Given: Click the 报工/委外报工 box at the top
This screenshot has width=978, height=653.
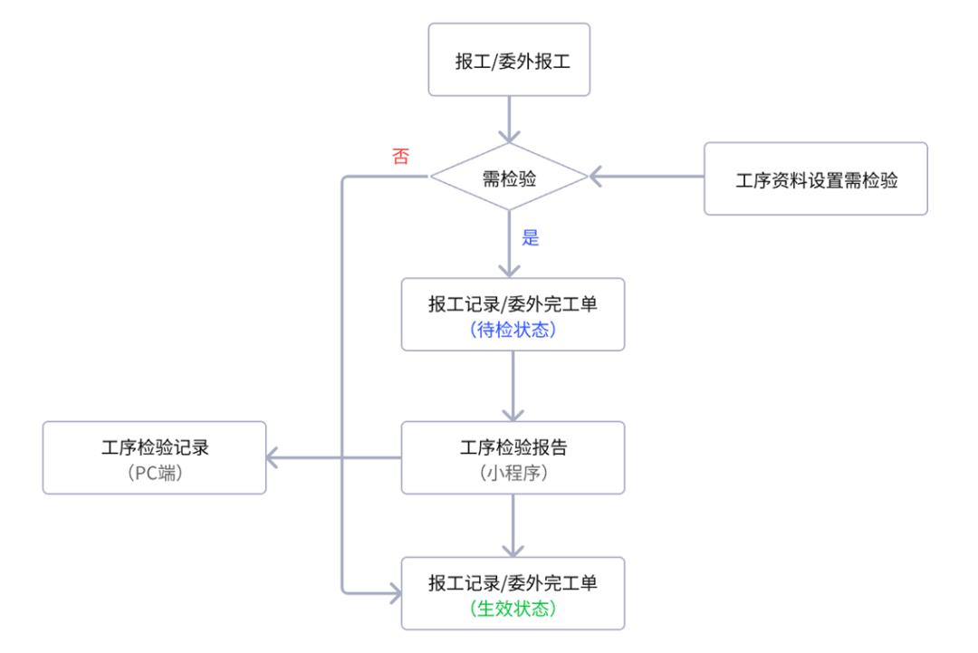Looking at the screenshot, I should [x=509, y=61].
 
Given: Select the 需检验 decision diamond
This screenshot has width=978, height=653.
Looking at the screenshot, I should [x=509, y=178].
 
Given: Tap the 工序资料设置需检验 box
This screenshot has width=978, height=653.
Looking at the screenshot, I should [x=815, y=179].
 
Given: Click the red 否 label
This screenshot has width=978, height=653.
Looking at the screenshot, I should [x=400, y=156].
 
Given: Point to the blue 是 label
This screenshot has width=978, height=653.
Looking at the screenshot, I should [x=530, y=238].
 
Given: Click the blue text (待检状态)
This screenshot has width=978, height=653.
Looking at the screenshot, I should [x=513, y=330].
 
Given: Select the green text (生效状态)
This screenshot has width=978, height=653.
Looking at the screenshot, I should [x=513, y=609].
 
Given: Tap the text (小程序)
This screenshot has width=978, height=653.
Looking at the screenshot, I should [x=513, y=472].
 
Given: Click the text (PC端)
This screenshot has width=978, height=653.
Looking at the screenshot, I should [x=154, y=472].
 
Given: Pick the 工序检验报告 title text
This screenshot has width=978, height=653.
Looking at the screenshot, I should [x=513, y=447].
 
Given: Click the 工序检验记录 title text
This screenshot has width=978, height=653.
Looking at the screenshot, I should [x=154, y=447].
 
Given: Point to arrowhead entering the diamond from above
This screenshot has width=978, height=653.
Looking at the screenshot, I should [x=509, y=136].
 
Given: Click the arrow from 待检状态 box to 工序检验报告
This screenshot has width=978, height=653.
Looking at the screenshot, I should [x=513, y=385].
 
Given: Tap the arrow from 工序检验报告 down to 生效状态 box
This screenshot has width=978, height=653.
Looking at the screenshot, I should [x=513, y=525].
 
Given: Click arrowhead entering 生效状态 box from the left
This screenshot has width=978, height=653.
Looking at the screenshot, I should [x=394, y=593].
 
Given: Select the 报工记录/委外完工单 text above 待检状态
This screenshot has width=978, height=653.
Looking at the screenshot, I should [x=513, y=304].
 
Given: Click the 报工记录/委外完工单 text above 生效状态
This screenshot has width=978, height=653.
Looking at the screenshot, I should [x=513, y=583].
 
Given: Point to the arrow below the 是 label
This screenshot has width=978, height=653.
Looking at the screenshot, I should [x=509, y=258].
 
